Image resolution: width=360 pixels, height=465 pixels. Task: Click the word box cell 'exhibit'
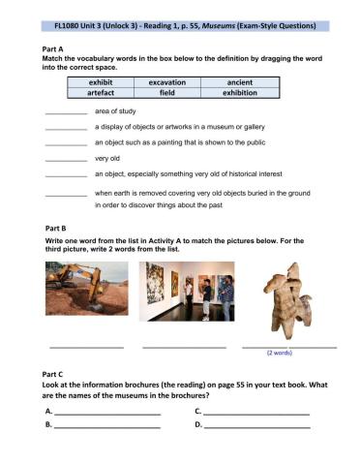[x=100, y=83]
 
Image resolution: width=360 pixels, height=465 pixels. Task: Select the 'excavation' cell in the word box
[x=166, y=83]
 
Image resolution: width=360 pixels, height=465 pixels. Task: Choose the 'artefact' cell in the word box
[x=100, y=95]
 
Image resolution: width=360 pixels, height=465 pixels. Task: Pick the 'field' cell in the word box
[x=166, y=95]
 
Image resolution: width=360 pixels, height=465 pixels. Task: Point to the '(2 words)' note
[x=279, y=354]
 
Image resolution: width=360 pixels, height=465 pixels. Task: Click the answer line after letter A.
[x=106, y=412]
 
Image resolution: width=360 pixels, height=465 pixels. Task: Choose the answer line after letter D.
[x=256, y=424]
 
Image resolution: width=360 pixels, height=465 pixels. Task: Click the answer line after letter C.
[x=256, y=412]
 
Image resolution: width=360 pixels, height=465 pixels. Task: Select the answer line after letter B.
[x=106, y=424]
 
